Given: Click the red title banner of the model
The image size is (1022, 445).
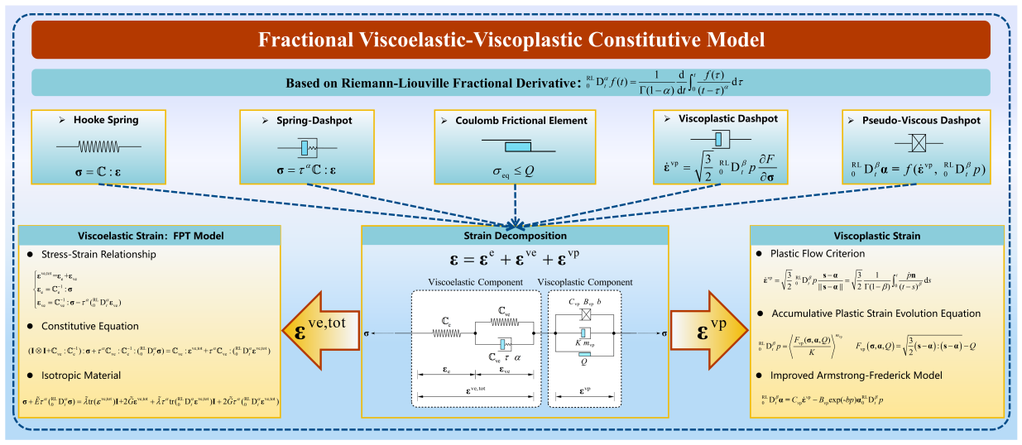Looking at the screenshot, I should (511, 39).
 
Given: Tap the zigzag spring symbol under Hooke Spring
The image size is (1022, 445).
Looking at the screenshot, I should (98, 146).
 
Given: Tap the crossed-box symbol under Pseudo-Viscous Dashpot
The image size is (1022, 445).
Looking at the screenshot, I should (922, 142).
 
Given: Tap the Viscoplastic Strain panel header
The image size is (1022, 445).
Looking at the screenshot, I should (876, 235).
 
